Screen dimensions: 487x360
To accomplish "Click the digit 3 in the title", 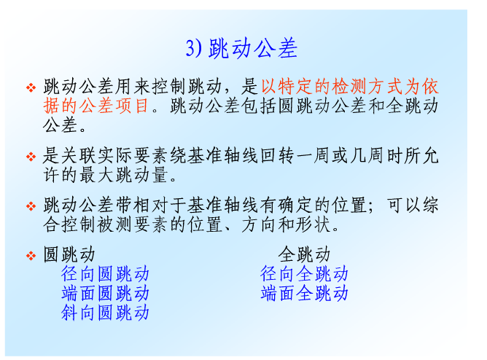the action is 190,48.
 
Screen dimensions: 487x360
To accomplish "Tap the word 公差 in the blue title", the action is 276,48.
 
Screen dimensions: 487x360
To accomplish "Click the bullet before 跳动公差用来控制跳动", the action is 31,87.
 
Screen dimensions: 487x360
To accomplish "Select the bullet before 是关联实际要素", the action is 31,157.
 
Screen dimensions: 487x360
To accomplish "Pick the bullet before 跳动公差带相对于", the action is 31,206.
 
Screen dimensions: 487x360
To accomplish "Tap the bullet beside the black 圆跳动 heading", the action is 31,256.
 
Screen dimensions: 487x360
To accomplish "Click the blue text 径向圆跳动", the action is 105,274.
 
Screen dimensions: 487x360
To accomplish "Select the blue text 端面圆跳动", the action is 105,293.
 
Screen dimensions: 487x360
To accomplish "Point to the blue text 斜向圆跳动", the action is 105,313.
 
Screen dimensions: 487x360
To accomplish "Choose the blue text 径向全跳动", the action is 304,274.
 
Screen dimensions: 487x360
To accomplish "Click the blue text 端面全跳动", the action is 304,293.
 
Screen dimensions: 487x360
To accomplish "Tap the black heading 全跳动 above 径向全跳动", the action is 304,254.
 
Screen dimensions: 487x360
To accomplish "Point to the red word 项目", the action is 132,106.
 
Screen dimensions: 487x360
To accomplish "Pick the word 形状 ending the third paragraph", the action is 313,224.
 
